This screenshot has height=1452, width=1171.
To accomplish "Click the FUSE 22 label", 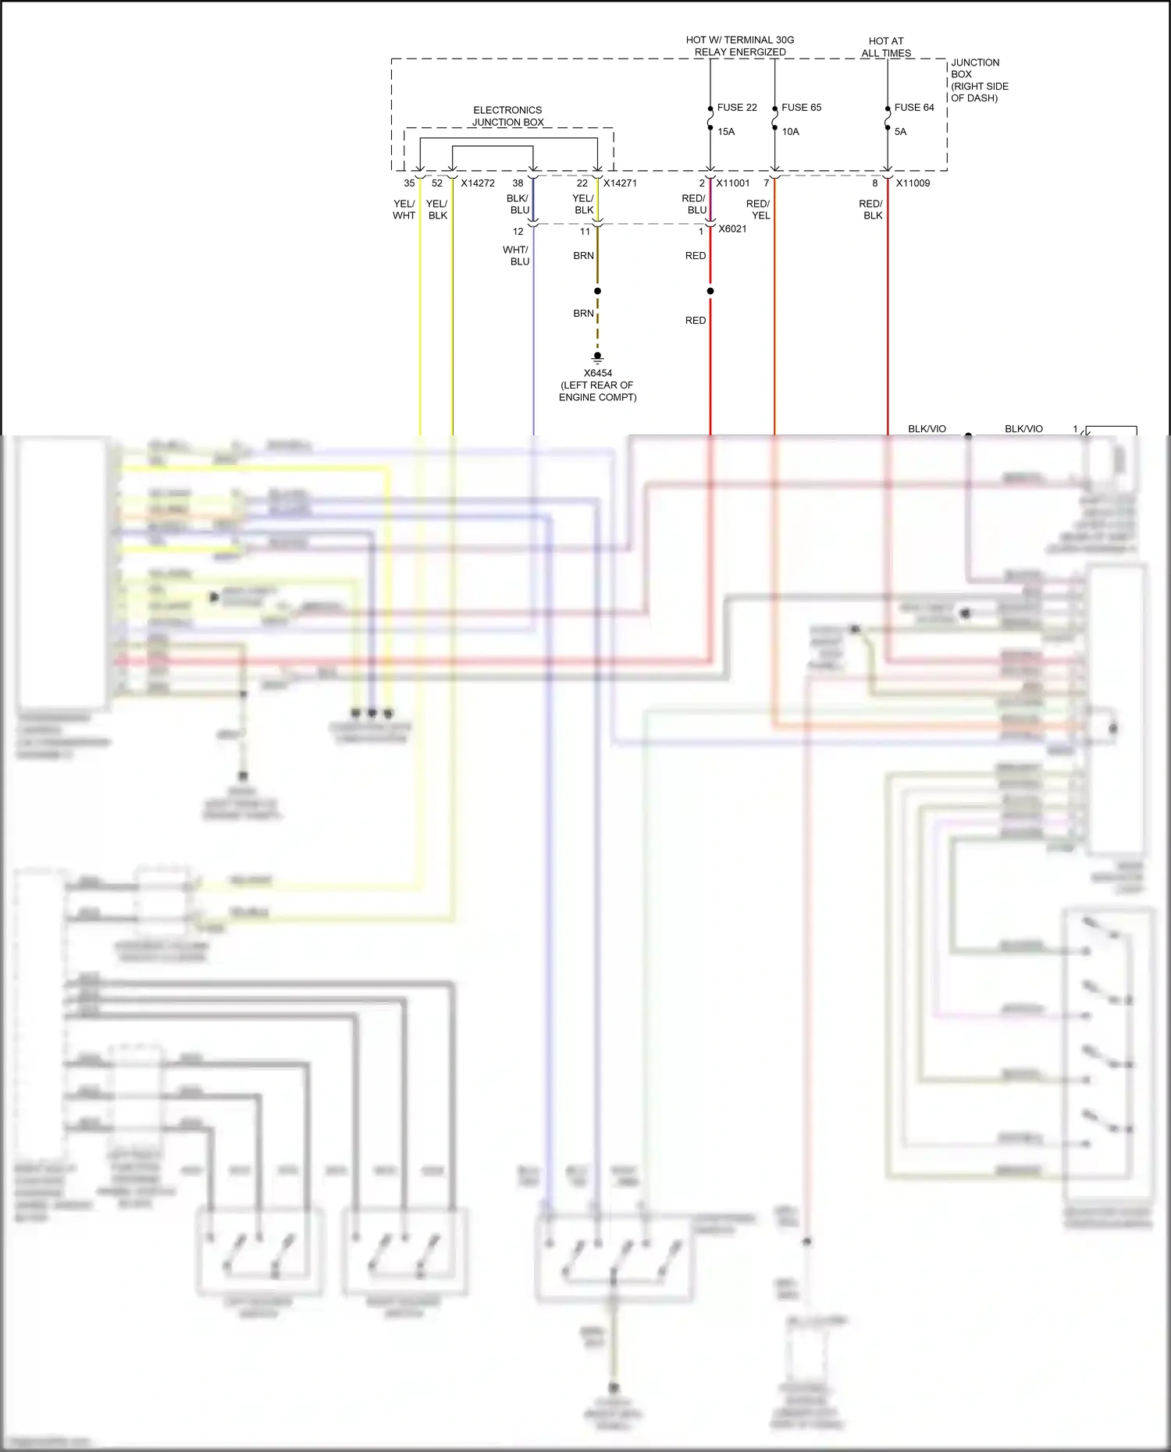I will pos(736,108).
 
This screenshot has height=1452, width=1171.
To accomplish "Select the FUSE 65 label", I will pos(801,108).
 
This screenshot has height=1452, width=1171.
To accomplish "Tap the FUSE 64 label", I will pos(913,108).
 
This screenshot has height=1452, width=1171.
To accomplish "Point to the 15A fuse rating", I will pos(726,132).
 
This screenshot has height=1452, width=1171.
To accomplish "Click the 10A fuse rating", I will pos(790,132).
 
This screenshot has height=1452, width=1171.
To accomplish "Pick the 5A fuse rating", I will pos(900,132).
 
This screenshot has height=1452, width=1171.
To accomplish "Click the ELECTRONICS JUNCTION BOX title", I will pos(507,116).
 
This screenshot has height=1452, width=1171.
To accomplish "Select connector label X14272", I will pos(478,183).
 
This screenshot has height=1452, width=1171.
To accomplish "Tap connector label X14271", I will pos(620,183).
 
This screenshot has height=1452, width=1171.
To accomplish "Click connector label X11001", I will pos(733,183).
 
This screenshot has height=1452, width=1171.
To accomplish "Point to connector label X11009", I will pos(913,183).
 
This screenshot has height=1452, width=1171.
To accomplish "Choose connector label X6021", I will pos(732,229).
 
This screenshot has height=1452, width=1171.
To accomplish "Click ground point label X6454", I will pos(598,373).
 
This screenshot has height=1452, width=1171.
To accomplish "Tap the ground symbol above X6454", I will pos(598,358).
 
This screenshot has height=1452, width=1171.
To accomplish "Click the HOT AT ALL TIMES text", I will pos(886,47).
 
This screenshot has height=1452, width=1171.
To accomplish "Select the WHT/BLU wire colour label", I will pos(516,256).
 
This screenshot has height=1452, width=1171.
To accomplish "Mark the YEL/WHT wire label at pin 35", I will pos(404,210).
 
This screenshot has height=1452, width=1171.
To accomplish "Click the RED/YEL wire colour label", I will pos(758,210).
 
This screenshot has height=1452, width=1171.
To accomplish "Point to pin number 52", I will pos(437,183).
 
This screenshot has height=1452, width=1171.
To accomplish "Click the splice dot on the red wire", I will pos(710,291).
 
